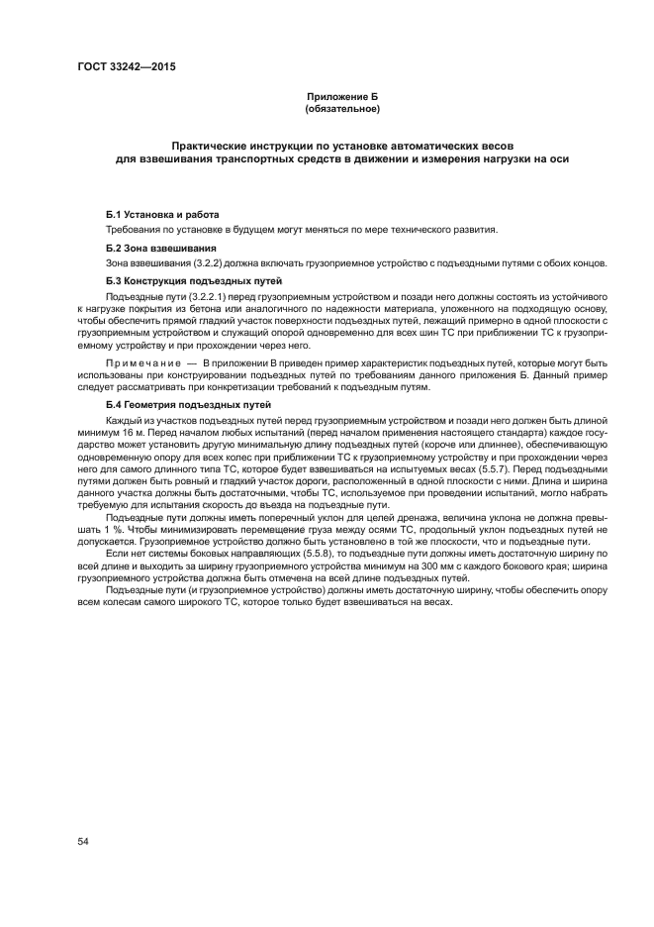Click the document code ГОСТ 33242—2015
coord(119,67)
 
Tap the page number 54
coord(83,842)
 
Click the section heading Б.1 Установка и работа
coord(162,215)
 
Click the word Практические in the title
coord(216,144)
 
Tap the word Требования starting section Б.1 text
coord(135,231)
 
